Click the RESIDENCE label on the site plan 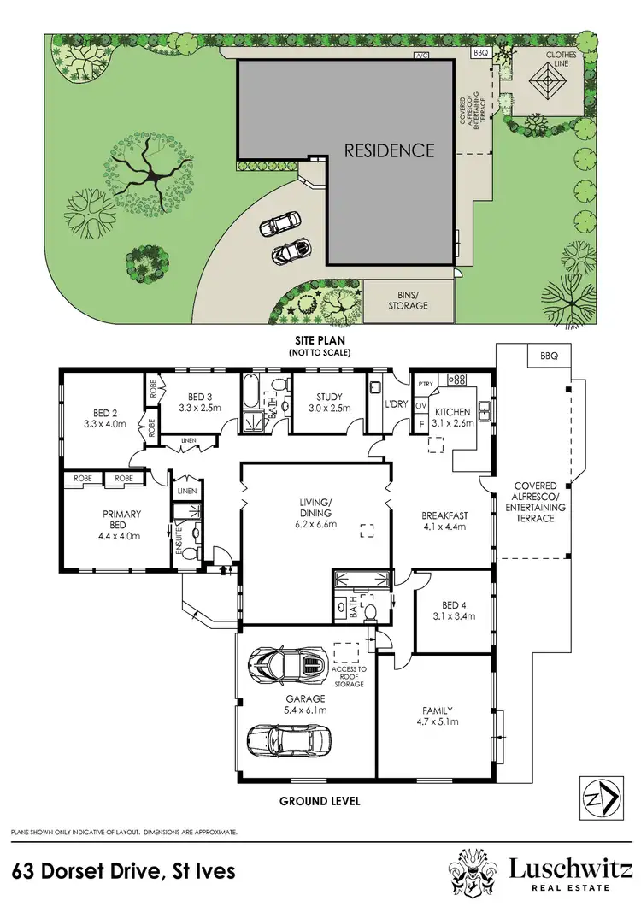coord(389,150)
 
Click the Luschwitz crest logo coord(473,871)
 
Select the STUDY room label coord(329,397)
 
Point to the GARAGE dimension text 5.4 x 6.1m coord(305,710)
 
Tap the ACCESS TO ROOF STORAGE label coord(349,675)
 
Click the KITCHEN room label coord(452,412)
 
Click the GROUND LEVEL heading coord(320,801)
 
